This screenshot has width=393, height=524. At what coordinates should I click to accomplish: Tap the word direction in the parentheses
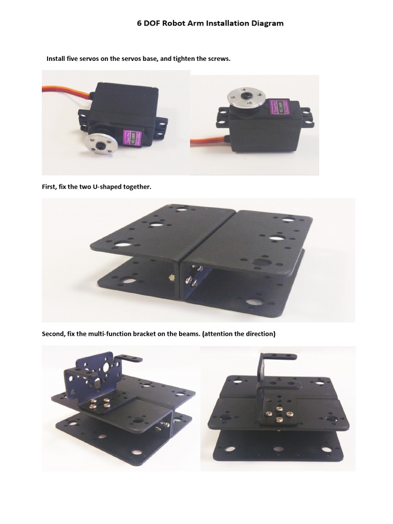259,334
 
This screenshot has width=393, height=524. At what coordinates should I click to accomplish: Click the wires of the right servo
205,139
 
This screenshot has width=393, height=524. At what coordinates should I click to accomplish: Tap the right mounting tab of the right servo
307,117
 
